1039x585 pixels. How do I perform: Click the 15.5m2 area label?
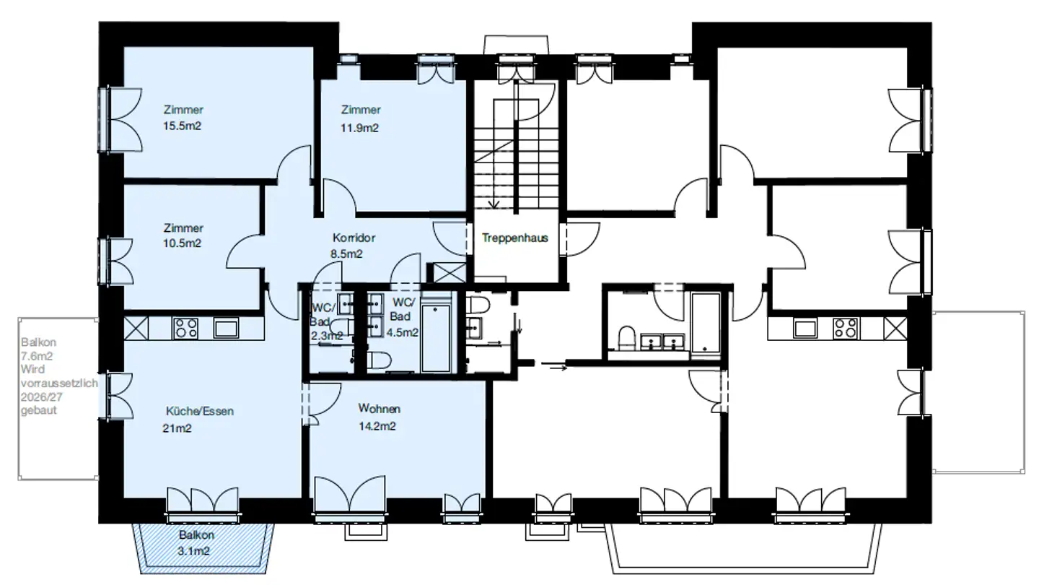tap(182, 126)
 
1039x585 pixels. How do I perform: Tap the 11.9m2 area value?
tap(359, 128)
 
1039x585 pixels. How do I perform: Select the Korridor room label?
tap(354, 238)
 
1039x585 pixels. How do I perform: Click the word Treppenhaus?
tap(515, 238)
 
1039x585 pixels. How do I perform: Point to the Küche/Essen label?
tap(200, 411)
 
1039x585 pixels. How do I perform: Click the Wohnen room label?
tap(379, 409)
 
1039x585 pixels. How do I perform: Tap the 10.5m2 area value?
tap(182, 243)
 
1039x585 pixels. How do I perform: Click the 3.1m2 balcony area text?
tap(193, 551)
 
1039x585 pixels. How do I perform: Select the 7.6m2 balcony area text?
tap(37, 356)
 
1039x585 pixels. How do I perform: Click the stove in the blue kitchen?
tap(185, 328)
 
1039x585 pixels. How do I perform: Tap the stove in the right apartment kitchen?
tap(846, 328)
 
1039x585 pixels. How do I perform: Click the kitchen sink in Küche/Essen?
tap(226, 328)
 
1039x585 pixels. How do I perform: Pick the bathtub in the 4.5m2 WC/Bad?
tap(436, 337)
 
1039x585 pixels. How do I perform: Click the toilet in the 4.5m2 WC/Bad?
tap(379, 360)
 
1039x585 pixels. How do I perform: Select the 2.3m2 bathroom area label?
tap(327, 336)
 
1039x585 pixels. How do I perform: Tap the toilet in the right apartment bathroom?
tap(626, 337)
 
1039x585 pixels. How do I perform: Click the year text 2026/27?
tap(41, 397)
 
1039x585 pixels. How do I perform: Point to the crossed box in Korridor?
tap(446, 272)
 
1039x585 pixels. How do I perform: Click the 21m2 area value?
tap(177, 428)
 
